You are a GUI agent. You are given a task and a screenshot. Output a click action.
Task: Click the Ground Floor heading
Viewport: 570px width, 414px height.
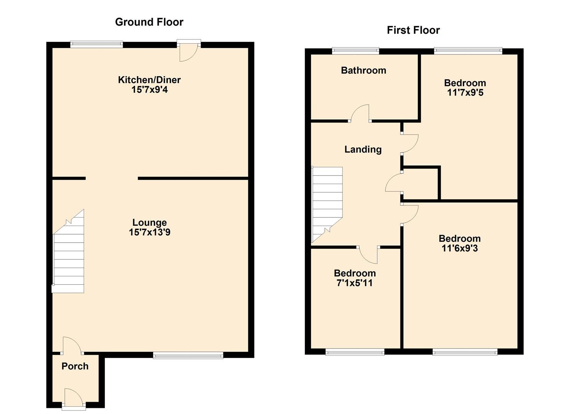click(149, 22)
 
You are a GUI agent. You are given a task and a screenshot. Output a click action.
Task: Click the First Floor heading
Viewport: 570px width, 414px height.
click(413, 30)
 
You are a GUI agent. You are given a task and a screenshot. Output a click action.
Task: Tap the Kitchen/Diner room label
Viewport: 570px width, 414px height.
click(149, 80)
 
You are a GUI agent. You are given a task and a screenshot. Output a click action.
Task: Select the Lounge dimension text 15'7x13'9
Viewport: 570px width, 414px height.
click(149, 232)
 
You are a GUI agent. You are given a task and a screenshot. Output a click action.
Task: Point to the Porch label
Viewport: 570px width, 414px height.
click(75, 366)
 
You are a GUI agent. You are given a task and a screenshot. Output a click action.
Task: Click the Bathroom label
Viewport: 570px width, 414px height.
click(363, 71)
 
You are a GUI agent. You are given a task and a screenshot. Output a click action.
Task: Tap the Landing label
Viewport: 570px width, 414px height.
click(363, 149)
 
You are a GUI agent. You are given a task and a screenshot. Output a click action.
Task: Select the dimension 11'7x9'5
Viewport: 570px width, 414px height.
click(465, 93)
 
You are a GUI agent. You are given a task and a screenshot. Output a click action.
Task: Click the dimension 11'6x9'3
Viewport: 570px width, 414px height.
click(459, 248)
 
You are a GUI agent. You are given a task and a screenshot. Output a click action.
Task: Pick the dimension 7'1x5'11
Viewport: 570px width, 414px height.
click(354, 283)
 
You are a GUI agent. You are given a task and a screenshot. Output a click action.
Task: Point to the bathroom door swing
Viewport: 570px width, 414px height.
click(360, 114)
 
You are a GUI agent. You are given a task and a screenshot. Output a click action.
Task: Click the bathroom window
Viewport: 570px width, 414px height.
click(355, 51)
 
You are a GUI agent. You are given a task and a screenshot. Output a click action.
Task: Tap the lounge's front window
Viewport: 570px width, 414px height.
click(188, 355)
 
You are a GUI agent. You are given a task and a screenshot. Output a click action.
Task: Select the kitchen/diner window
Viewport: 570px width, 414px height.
click(96, 44)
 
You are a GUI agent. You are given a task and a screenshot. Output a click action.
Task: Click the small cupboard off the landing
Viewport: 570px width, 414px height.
click(421, 183)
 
